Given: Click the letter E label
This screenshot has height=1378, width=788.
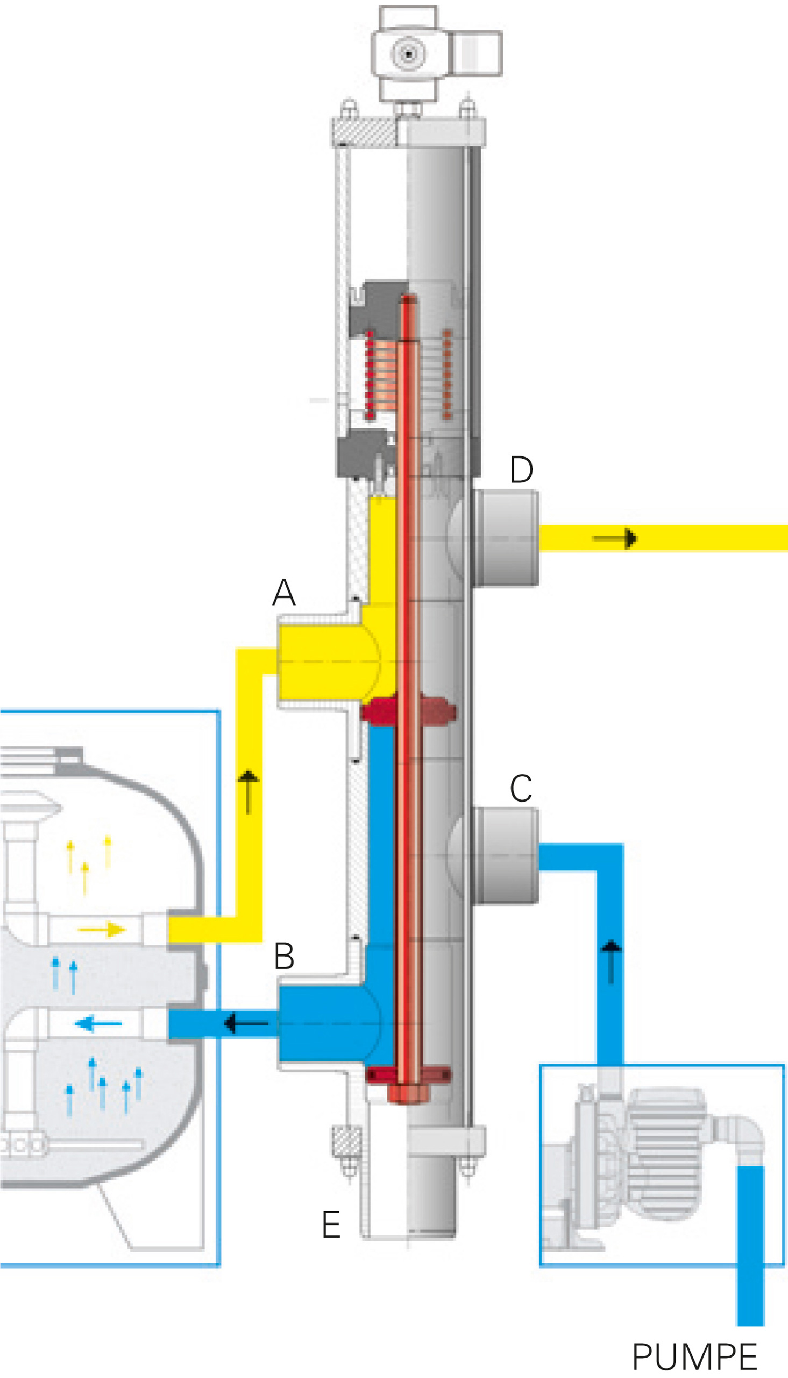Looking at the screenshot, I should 331,1224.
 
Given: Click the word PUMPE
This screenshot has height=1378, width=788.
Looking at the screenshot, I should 694,1357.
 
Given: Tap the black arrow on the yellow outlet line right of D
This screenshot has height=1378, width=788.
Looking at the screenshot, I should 616,539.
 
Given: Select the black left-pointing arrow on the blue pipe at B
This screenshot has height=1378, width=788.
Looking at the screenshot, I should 246,1023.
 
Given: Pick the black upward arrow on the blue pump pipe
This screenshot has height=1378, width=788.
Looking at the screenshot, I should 611,961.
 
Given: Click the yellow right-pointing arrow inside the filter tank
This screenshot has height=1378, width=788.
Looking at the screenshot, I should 102,930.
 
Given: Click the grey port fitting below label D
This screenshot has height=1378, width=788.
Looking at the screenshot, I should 506,538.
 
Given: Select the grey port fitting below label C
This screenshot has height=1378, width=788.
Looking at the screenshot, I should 506,855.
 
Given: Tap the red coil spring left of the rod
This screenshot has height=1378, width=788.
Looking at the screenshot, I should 370,375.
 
